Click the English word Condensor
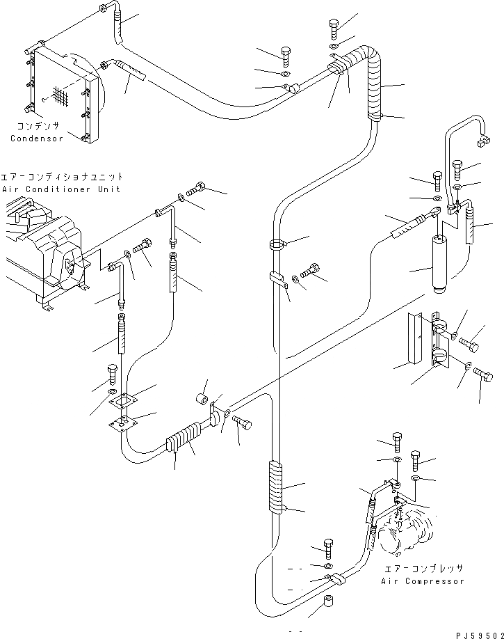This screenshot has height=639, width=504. (x=36, y=138)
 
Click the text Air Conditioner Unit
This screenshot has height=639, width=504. (x=61, y=189)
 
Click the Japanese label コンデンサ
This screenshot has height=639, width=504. (x=35, y=127)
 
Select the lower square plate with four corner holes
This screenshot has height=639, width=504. (x=123, y=423)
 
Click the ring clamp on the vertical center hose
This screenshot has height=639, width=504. (x=277, y=244)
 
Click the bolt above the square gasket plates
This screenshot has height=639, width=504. (x=113, y=374)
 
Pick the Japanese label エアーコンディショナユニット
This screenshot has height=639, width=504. (x=63, y=177)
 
